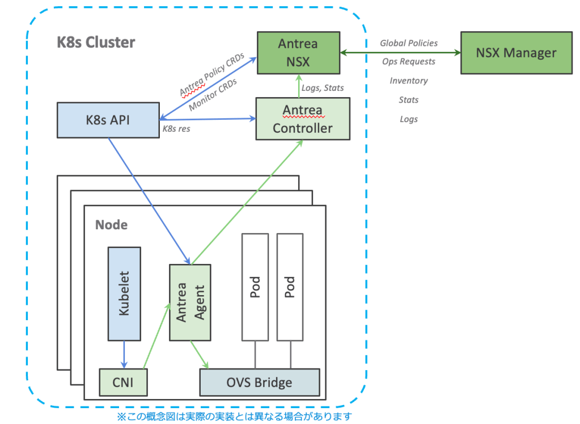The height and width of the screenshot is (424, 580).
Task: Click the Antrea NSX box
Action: tap(298, 53)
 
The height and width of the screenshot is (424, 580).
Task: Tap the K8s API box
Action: tap(108, 120)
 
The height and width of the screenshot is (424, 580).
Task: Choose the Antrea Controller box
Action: tap(302, 119)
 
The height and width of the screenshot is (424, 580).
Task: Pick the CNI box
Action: tap(123, 382)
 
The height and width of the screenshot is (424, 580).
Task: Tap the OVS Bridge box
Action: tap(259, 382)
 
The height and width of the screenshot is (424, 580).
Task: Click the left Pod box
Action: tap(255, 287)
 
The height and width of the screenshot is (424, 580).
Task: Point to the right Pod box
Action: tap(290, 287)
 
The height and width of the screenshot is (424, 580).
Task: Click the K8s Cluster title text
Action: tap(96, 43)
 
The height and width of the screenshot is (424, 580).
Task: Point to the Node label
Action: tap(111, 225)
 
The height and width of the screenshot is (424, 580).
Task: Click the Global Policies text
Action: tap(408, 43)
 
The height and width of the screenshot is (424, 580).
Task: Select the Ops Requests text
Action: tap(408, 61)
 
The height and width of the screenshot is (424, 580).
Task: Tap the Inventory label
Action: tap(408, 81)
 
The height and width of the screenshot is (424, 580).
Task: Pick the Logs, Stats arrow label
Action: tap(323, 88)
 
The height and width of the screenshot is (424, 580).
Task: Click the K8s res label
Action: tap(176, 129)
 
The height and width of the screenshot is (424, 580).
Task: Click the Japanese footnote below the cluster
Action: tap(234, 417)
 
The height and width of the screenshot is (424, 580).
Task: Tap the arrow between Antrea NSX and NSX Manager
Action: tap(400, 53)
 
